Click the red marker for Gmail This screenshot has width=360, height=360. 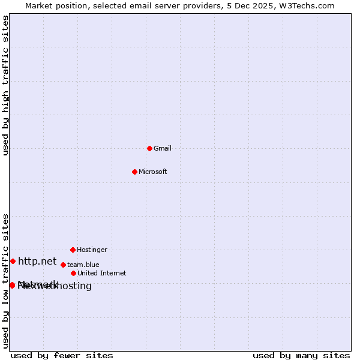pos(149,148)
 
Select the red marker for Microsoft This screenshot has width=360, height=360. pos(134,172)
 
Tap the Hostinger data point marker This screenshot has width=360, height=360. pos(73,250)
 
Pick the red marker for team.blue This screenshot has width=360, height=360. pos(63,265)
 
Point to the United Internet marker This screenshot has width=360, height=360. pos(73,273)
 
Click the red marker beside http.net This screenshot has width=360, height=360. pos(13,261)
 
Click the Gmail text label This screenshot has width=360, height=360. pos(163,148)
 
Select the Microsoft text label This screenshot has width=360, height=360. pos(153,172)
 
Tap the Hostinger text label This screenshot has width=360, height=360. pos(92,250)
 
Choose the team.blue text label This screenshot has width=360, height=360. pos(83,265)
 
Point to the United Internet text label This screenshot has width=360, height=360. pos(102,273)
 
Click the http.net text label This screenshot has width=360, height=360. pos(37,261)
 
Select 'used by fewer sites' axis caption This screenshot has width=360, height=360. pos(62,355)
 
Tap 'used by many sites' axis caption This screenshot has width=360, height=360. pos(301,355)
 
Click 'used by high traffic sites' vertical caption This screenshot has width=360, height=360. pos(5,85)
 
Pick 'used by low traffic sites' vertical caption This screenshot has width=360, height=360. pos(5,280)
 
